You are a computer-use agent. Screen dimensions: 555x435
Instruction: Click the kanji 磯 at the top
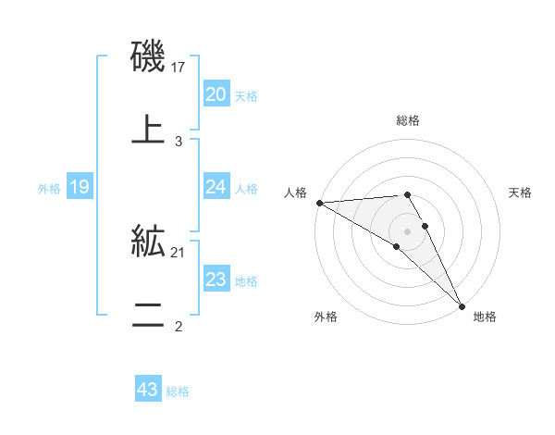(x=148, y=57)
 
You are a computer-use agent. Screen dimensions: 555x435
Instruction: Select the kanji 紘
(x=148, y=242)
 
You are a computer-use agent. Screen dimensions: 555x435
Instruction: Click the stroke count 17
(x=179, y=67)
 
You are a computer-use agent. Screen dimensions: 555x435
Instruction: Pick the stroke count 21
(x=179, y=252)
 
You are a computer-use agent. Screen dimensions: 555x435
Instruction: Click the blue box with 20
(x=216, y=94)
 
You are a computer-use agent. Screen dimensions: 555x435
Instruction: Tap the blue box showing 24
(x=216, y=187)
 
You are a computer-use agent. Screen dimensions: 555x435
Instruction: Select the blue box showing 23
(x=216, y=280)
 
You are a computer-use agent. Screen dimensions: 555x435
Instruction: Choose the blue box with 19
(x=80, y=187)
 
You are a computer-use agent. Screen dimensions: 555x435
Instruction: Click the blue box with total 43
(x=147, y=391)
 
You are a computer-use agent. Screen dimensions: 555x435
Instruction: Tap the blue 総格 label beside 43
(x=178, y=391)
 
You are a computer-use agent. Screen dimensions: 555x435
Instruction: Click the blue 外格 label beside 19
(x=49, y=188)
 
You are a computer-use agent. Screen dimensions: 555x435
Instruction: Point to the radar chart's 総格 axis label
(x=408, y=120)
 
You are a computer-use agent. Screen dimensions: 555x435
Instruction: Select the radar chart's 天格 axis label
(x=520, y=193)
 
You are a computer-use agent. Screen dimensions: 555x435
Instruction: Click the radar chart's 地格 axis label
(x=484, y=317)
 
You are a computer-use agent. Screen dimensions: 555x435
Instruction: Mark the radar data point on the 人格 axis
(x=318, y=203)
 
